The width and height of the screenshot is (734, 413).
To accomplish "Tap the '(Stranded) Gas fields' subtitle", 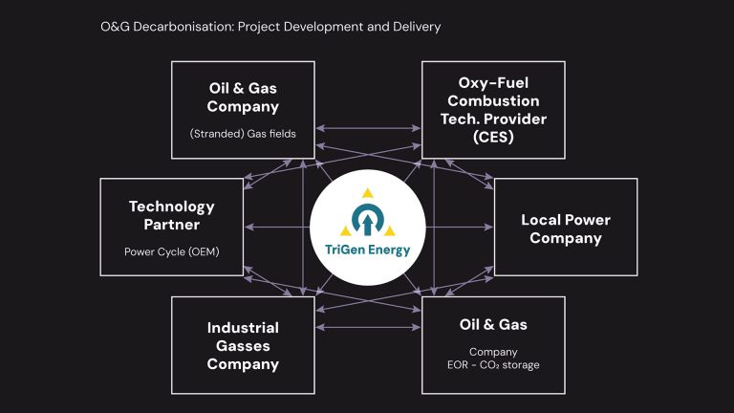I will tap(243, 133).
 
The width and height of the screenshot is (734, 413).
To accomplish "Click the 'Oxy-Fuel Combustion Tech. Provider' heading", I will tap(493, 100).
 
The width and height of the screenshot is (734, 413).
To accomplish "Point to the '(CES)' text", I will tap(493, 137).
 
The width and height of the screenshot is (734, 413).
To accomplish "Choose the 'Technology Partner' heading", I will tap(171, 215).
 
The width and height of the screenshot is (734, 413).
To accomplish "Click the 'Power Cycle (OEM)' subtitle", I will tap(171, 252).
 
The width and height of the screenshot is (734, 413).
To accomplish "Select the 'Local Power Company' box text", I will tap(565, 228).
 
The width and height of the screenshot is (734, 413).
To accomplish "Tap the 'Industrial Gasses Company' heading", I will tap(243, 345).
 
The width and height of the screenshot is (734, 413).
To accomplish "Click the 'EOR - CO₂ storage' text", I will tap(493, 364).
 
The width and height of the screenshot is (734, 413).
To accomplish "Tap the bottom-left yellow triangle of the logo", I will tap(347, 232).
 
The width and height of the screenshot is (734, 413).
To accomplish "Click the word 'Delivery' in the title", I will tap(416, 27).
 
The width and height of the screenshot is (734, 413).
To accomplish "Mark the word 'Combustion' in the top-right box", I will tap(493, 100).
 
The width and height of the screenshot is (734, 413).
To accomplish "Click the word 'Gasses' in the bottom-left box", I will tap(243, 345).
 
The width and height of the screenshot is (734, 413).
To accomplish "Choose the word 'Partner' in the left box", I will tap(171, 225).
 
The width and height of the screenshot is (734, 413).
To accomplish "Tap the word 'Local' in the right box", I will tap(542, 220).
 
